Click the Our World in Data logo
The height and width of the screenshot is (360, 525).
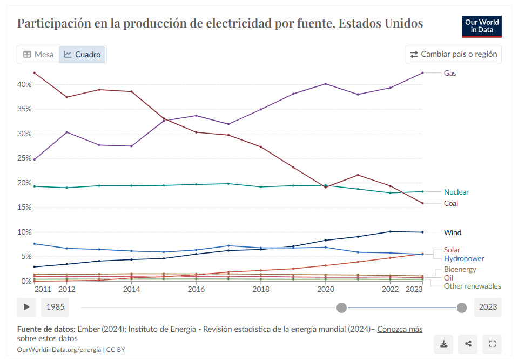482,26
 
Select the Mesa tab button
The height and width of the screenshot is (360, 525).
38,55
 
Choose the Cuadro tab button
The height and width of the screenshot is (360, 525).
82,55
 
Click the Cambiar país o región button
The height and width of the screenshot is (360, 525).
453,55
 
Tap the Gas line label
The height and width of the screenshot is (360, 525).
449,73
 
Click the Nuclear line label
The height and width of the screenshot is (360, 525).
456,192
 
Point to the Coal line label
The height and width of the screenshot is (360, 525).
450,203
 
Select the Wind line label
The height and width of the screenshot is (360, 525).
452,232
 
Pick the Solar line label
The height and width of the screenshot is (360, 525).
452,250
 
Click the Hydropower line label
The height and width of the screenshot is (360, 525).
463,259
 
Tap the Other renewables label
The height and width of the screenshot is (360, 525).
472,286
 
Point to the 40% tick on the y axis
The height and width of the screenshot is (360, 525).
24,85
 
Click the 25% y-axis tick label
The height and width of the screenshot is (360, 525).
24,158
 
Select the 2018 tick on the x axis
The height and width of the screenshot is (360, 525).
261,290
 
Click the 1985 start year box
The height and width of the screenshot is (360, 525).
55,307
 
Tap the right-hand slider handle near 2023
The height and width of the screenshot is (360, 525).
462,308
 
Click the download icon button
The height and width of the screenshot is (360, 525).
443,344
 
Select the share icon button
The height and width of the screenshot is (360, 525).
468,344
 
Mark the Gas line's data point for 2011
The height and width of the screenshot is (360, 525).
34,159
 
